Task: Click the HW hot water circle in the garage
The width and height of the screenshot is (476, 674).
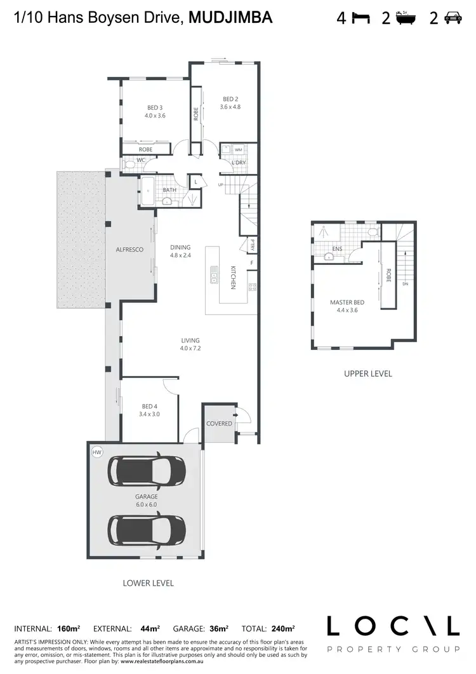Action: [97, 452]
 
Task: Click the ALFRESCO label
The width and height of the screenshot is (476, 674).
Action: [129, 250]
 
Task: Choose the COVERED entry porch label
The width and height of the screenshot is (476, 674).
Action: [219, 423]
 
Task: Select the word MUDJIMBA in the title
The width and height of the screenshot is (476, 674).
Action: [231, 18]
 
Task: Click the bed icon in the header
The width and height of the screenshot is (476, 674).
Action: [361, 18]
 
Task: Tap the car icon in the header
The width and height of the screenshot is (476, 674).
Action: [453, 18]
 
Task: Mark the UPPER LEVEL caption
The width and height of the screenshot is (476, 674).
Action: [367, 374]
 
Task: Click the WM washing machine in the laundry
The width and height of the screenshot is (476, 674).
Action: [239, 150]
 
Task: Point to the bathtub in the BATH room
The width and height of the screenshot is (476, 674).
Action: [146, 191]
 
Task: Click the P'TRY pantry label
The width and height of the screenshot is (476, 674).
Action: [251, 244]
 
